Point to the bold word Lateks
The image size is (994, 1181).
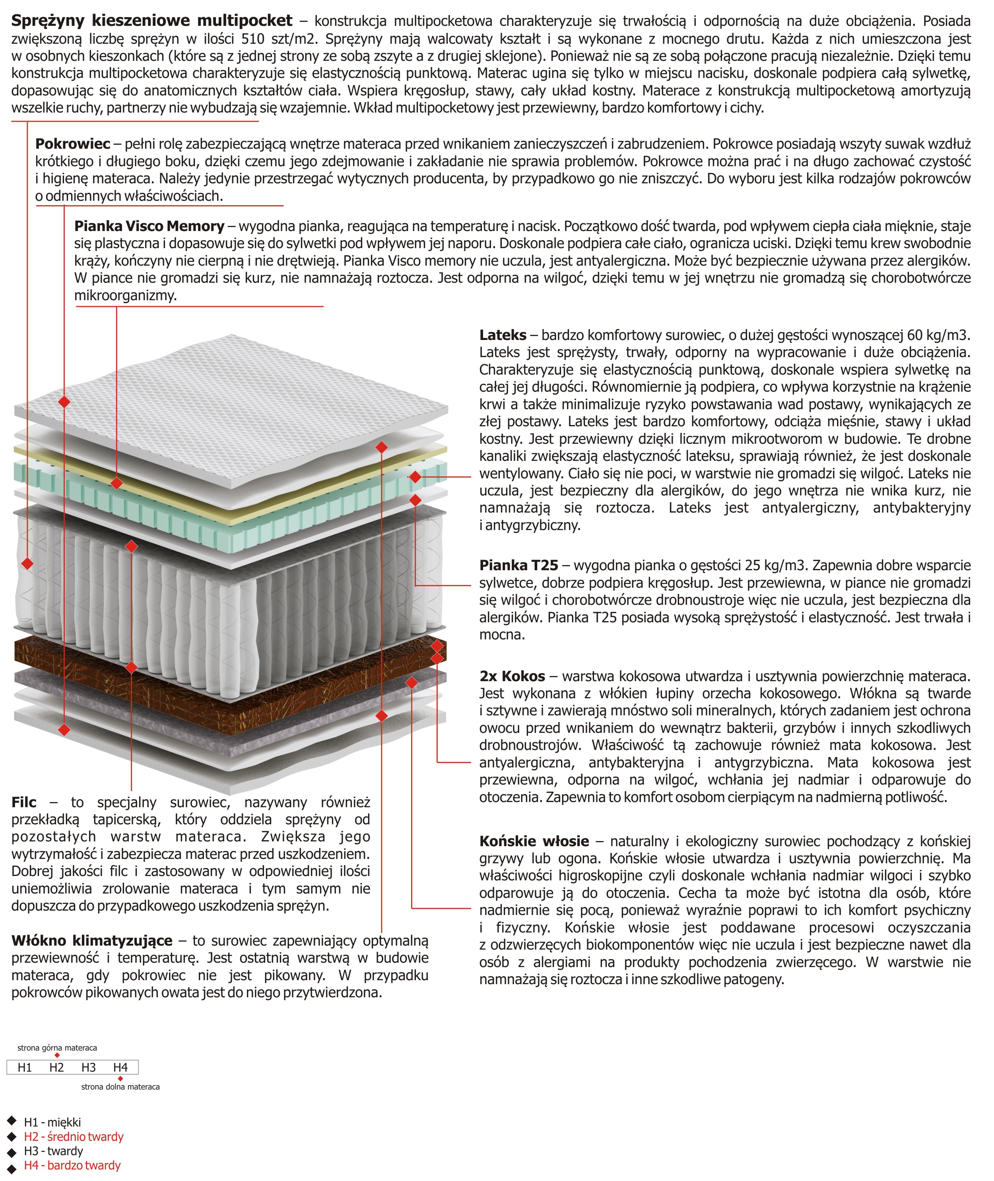tap(503, 335)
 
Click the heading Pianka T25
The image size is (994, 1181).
tap(518, 565)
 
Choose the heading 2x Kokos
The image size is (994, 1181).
tap(512, 676)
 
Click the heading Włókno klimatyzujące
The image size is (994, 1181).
tap(92, 940)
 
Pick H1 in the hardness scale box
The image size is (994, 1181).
tap(25, 1067)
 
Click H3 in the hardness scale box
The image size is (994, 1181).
tap(89, 1067)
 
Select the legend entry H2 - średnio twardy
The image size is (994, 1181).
tap(73, 1136)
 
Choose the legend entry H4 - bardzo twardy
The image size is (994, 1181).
tap(72, 1165)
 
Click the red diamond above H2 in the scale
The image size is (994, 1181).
tap(57, 1055)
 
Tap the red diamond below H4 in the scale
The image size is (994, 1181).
tap(120, 1078)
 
